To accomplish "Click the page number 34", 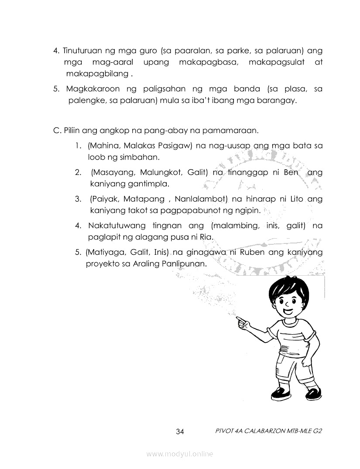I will tap(180, 432).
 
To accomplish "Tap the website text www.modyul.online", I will tap(180, 454).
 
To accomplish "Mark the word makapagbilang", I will tap(96, 74).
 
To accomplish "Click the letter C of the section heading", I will tap(55, 130).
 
